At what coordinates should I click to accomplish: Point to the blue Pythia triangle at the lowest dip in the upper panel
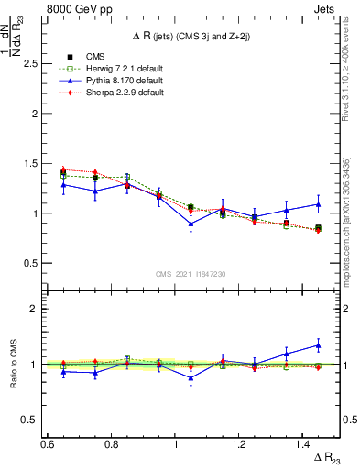click(191, 224)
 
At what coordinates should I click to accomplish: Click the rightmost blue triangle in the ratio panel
click(318, 345)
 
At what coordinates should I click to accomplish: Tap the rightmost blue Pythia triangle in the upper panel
click(318, 204)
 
